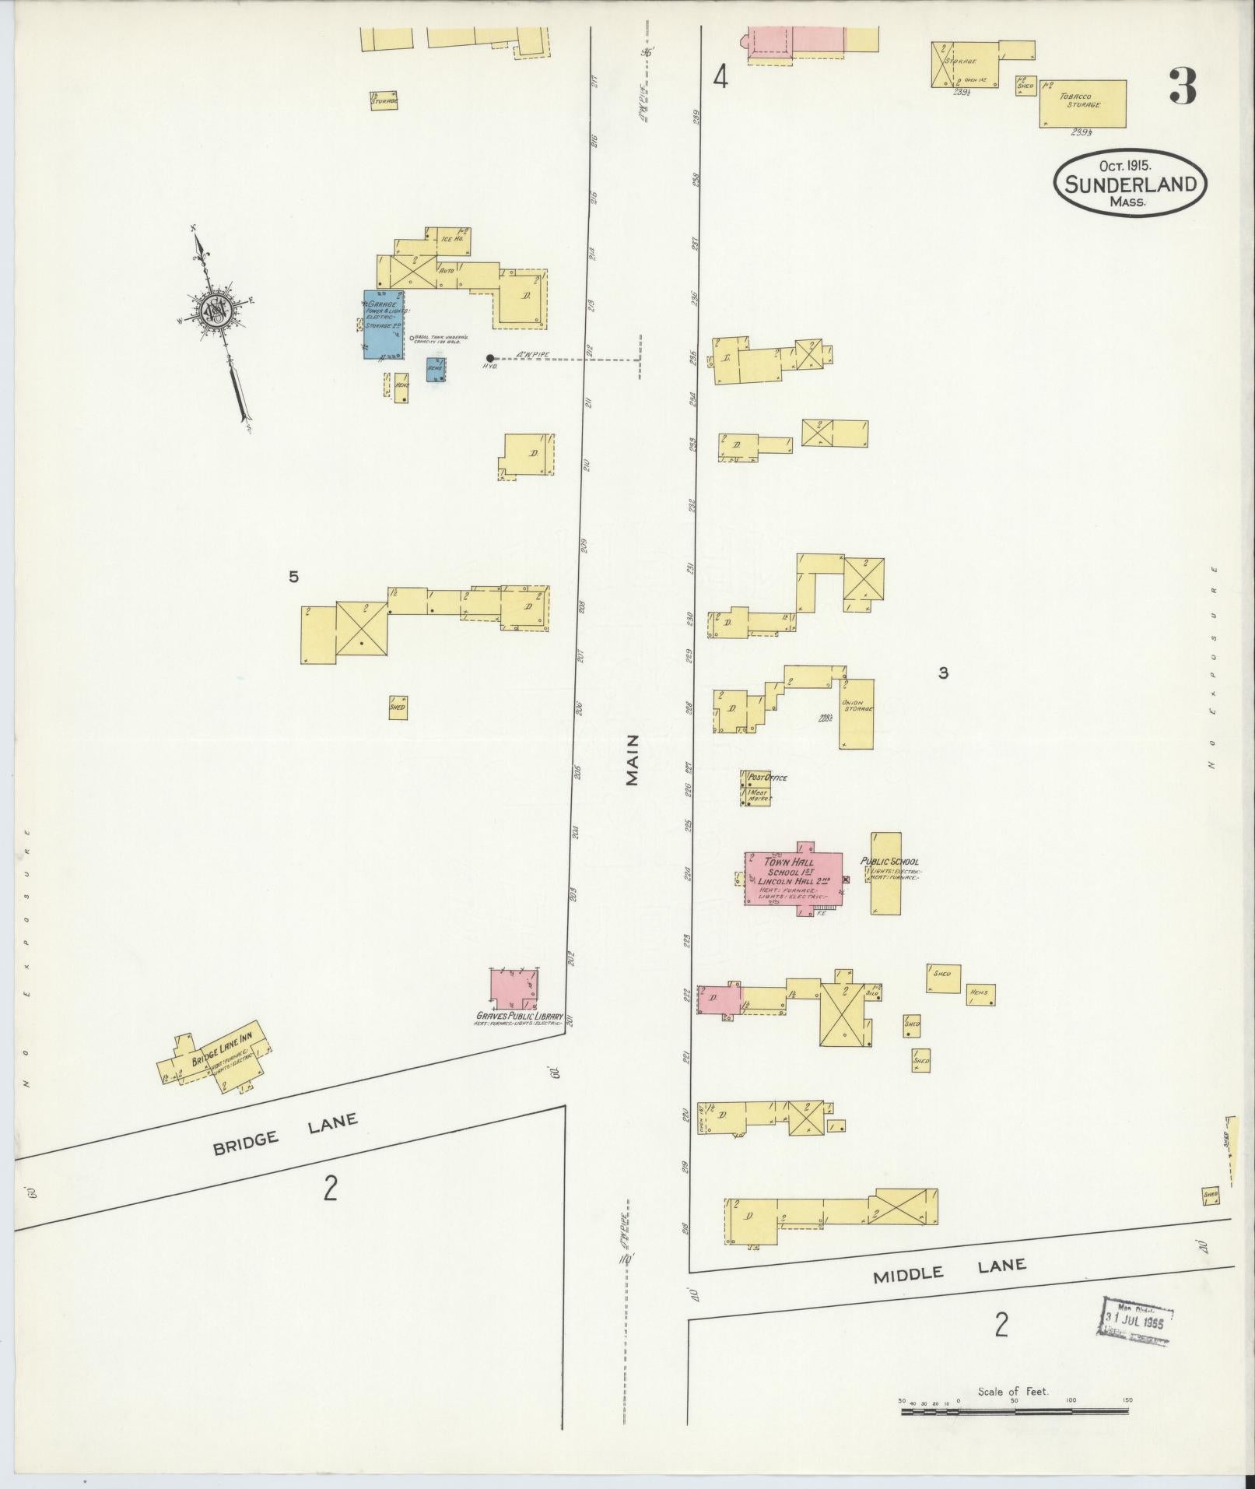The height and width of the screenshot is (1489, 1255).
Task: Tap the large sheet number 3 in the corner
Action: (1182, 86)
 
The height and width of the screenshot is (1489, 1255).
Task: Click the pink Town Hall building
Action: (794, 878)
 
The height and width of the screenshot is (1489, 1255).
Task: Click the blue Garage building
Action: (384, 325)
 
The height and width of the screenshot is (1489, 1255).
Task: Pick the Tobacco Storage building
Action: (1082, 103)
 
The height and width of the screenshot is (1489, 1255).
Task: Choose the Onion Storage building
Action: (856, 714)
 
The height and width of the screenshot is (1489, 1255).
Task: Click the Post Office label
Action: (767, 778)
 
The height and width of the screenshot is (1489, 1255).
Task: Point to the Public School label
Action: (889, 862)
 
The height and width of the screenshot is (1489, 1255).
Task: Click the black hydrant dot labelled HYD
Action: (489, 358)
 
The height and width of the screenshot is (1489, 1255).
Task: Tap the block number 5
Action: (293, 577)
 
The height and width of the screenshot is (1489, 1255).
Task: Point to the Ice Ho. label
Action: (452, 239)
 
